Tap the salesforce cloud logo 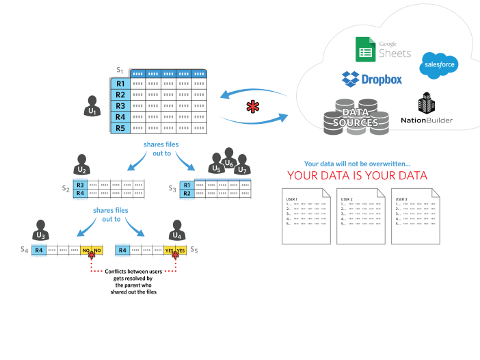tap(438, 64)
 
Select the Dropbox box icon tap(351, 78)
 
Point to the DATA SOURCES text tap(360, 117)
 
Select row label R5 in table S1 tap(120, 128)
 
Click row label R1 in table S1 tap(120, 83)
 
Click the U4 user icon tap(177, 231)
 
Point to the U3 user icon tap(40, 231)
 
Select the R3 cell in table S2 tap(80, 184)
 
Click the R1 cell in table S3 tap(187, 184)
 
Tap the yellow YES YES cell tap(175, 250)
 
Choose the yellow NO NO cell tap(92, 250)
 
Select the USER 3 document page tap(414, 216)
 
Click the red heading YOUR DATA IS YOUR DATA tap(357, 176)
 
